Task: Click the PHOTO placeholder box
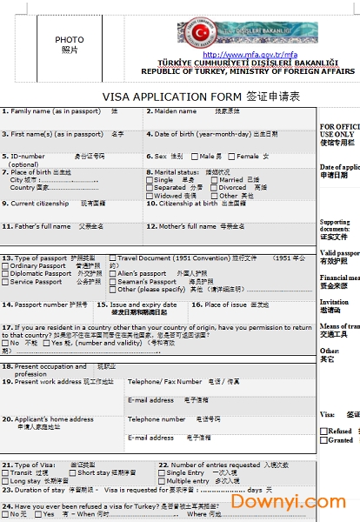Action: pos(70,44)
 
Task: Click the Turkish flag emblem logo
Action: pos(201,33)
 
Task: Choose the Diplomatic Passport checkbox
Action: pos(6,274)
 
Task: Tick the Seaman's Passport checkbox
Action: pos(112,282)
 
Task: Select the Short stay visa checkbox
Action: pos(70,473)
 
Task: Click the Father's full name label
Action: pos(40,227)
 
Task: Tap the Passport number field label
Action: pos(38,304)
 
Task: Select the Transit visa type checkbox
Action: pos(6,473)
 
